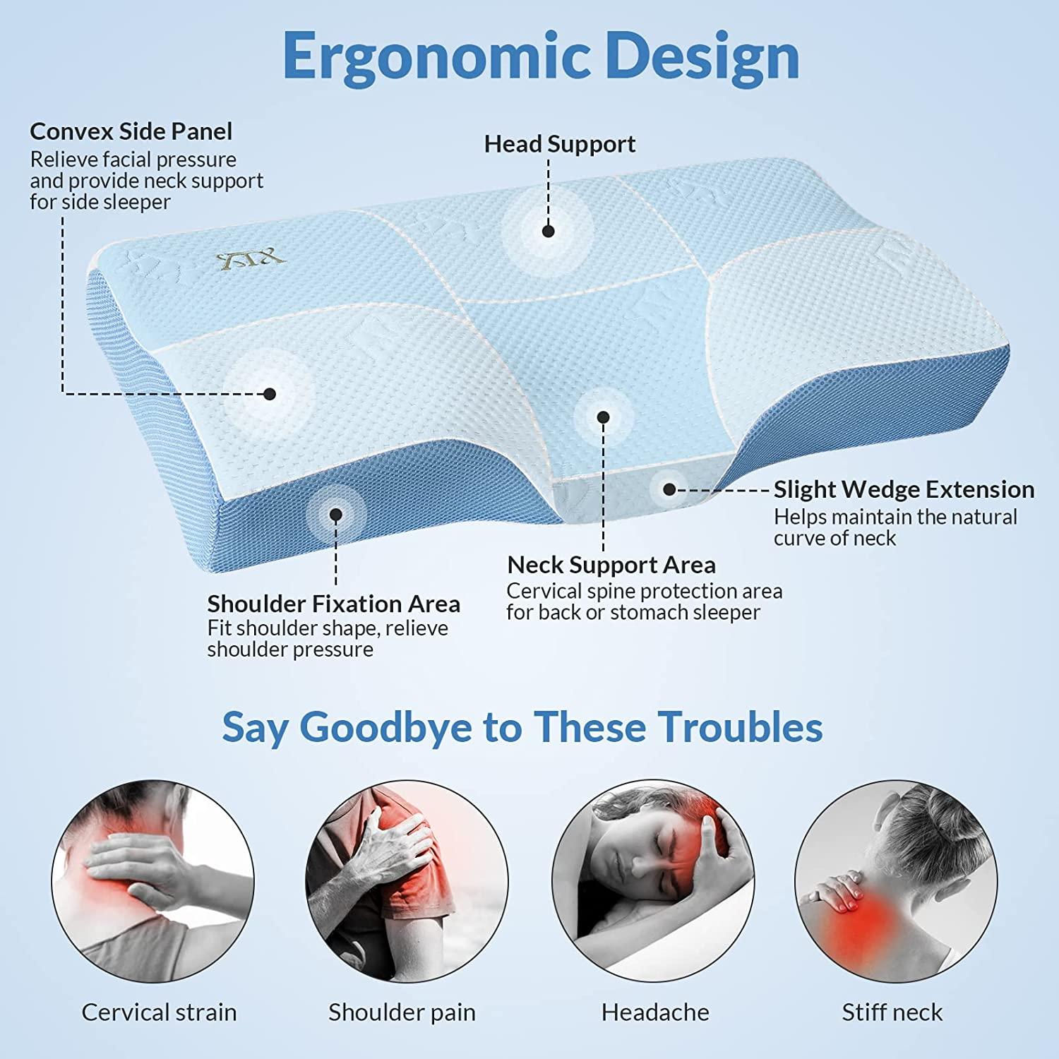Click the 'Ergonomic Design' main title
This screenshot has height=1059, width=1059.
tap(541, 56)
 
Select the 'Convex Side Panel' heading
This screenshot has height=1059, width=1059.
tap(131, 131)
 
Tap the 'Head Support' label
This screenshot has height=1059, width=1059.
tap(559, 144)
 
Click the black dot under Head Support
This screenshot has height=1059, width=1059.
tap(549, 231)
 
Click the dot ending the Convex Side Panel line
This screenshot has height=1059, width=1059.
tap(269, 394)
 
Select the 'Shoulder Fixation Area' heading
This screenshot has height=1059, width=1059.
tap(333, 604)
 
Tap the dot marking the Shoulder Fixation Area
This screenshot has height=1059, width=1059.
tap(336, 515)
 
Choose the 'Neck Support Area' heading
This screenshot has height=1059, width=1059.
tap(611, 565)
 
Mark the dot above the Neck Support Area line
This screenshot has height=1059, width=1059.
tap(603, 417)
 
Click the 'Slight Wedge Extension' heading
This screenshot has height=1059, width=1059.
tap(904, 489)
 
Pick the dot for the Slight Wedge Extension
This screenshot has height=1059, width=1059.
tap(669, 489)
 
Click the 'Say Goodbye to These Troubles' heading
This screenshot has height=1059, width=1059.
tap(522, 727)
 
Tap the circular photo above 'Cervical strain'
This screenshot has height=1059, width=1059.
tap(153, 880)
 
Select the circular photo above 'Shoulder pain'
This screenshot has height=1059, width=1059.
tap(407, 880)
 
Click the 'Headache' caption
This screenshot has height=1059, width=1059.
tap(655, 1012)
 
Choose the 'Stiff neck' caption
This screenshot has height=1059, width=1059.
tap(892, 1012)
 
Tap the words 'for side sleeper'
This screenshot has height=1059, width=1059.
tap(100, 202)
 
